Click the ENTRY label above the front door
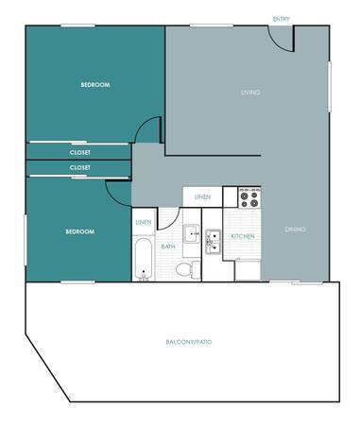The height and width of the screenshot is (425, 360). (x=281, y=19)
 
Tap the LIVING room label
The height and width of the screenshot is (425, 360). (x=250, y=93)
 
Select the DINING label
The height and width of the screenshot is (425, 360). (x=295, y=229)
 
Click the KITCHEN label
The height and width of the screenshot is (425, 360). (x=243, y=236)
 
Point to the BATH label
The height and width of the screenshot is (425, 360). (x=168, y=246)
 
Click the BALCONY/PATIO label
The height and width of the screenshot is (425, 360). (x=189, y=342)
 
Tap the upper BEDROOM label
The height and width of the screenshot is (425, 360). (x=95, y=85)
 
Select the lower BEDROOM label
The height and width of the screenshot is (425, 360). (x=80, y=231)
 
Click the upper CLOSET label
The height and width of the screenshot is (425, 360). (x=80, y=152)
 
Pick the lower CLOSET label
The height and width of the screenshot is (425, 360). (x=80, y=167)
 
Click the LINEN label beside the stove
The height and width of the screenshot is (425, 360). (x=202, y=197)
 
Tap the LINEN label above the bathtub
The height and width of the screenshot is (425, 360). (x=144, y=222)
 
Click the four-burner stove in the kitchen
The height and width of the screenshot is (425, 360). (x=249, y=198)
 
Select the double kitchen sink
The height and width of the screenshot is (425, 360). (x=213, y=242)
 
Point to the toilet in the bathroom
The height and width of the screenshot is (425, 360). (x=188, y=269)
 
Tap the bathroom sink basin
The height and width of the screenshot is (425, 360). (x=192, y=233)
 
